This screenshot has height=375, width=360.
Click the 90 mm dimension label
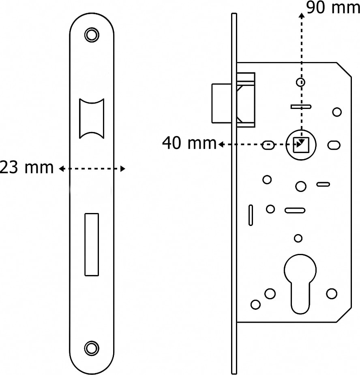coord(333,7)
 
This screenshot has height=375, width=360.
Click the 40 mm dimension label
coord(189,143)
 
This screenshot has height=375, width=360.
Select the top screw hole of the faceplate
coord(92,35)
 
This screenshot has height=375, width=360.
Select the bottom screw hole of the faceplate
coord(92,348)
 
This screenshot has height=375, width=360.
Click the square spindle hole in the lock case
coord(301,145)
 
